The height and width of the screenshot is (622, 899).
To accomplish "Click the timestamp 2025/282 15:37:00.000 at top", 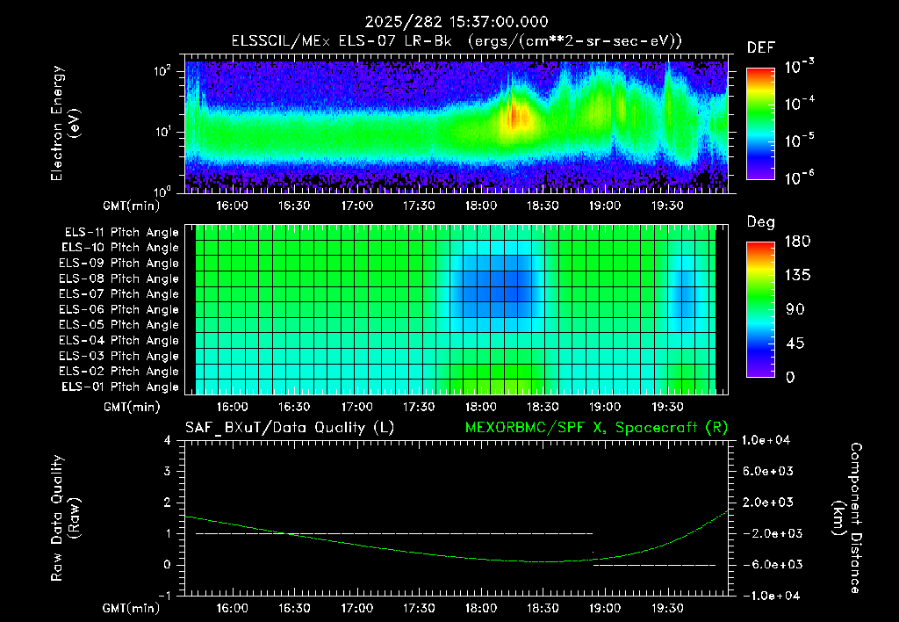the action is click(457, 22).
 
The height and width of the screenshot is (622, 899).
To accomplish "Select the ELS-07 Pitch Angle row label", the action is click(119, 293).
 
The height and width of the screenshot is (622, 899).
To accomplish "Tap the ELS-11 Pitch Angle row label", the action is click(121, 233).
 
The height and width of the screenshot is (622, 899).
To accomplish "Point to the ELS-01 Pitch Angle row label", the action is click(119, 387).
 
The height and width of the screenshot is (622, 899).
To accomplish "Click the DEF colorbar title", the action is click(761, 47).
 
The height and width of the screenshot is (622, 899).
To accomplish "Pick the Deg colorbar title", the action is click(761, 222).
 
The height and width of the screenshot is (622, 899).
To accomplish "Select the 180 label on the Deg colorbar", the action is click(797, 241).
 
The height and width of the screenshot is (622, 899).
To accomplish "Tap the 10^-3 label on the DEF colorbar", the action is click(799, 67).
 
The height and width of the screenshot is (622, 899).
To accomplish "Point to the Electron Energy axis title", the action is click(65, 123).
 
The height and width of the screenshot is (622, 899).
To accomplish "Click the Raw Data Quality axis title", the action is click(65, 517).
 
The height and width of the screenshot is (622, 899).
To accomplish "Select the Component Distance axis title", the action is click(847, 518).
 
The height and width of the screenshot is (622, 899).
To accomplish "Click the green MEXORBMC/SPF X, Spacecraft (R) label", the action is click(596, 428).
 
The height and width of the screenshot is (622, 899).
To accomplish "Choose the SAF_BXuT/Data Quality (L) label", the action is click(290, 428).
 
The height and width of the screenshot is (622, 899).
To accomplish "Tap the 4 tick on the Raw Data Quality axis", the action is click(168, 440).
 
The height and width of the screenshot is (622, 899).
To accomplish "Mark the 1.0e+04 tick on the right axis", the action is click(766, 440).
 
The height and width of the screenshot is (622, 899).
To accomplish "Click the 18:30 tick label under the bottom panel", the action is click(543, 608).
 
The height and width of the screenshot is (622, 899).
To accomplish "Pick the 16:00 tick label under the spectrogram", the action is click(232, 206).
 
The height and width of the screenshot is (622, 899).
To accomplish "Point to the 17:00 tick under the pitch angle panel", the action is click(356, 407).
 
